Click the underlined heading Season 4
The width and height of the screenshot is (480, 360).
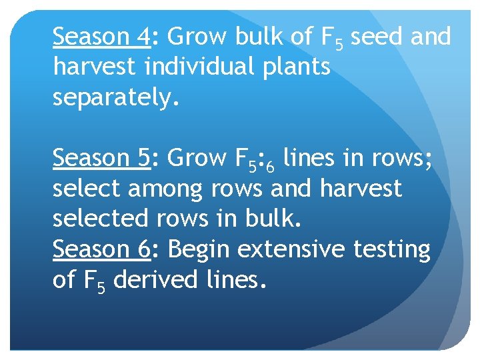102,37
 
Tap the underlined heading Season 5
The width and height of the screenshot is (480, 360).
102,159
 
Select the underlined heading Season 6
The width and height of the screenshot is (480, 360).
102,250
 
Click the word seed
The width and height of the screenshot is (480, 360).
377,37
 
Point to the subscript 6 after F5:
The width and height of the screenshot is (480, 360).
269,165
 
